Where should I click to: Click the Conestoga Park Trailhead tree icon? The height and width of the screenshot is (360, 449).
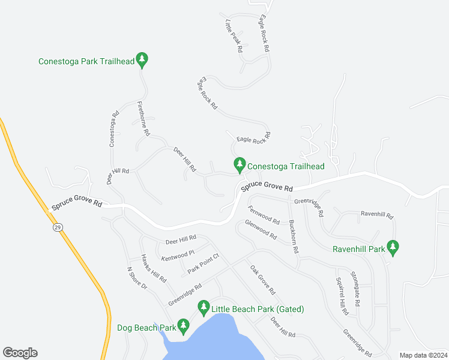(x=142, y=59)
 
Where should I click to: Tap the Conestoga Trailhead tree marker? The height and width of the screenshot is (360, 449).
(x=240, y=164)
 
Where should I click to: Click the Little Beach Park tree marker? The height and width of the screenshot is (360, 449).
(x=203, y=308)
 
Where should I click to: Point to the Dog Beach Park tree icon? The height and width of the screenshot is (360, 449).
(x=183, y=326)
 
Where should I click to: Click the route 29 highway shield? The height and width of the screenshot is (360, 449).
(x=57, y=227)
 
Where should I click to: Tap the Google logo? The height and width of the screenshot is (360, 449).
(x=20, y=353)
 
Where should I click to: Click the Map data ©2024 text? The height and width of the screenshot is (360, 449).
(x=423, y=355)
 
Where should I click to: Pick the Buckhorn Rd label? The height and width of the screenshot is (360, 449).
(x=294, y=236)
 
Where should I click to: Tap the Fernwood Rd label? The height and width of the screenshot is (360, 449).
(x=264, y=214)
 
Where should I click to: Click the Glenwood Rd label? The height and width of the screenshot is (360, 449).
(x=261, y=230)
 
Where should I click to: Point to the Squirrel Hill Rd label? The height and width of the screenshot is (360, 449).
(x=342, y=296)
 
